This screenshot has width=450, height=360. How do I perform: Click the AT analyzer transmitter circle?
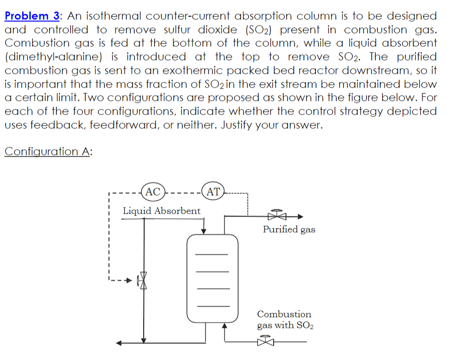click(213, 192)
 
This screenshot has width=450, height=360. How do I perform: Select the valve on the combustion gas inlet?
click(267, 341)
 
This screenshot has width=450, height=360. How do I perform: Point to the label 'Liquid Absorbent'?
click(162, 210)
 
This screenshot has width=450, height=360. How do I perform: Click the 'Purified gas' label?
click(289, 229)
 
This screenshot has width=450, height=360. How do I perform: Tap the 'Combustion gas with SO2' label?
click(285, 320)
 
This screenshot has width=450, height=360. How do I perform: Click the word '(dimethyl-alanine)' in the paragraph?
click(53, 57)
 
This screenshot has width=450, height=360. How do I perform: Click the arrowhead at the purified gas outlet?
click(300, 216)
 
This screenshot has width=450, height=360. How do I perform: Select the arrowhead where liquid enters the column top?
click(204, 231)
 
